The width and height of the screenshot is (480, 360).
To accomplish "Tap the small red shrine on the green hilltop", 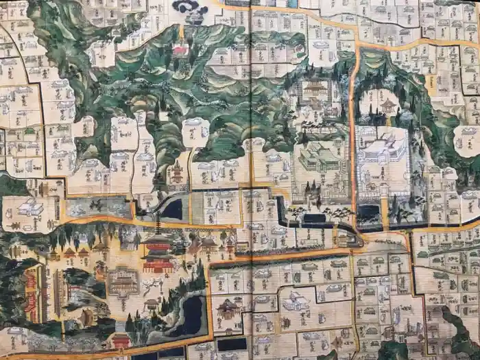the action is [x=181, y=50].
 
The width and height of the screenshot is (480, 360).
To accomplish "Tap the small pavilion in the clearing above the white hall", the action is [x=388, y=105].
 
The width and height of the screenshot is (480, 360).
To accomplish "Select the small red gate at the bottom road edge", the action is [x=121, y=340].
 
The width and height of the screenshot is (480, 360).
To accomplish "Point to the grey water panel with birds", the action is [x=98, y=207].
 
